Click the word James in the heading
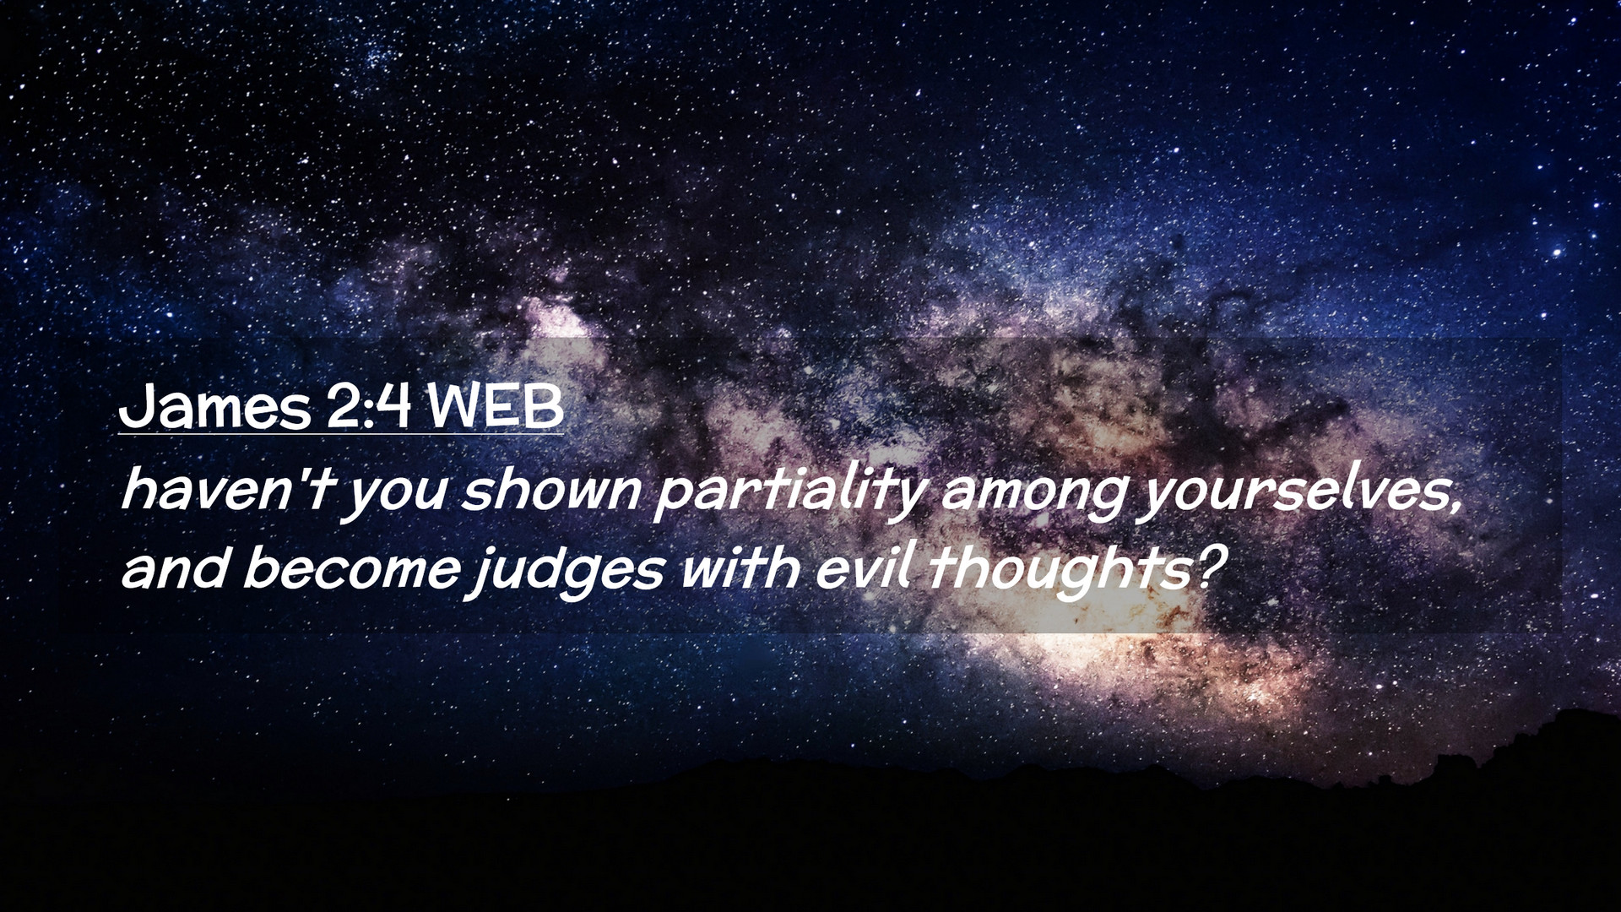click(215, 407)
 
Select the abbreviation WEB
click(496, 407)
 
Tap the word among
click(1033, 497)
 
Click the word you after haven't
click(394, 497)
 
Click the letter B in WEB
click(545, 408)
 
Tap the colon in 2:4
click(368, 411)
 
